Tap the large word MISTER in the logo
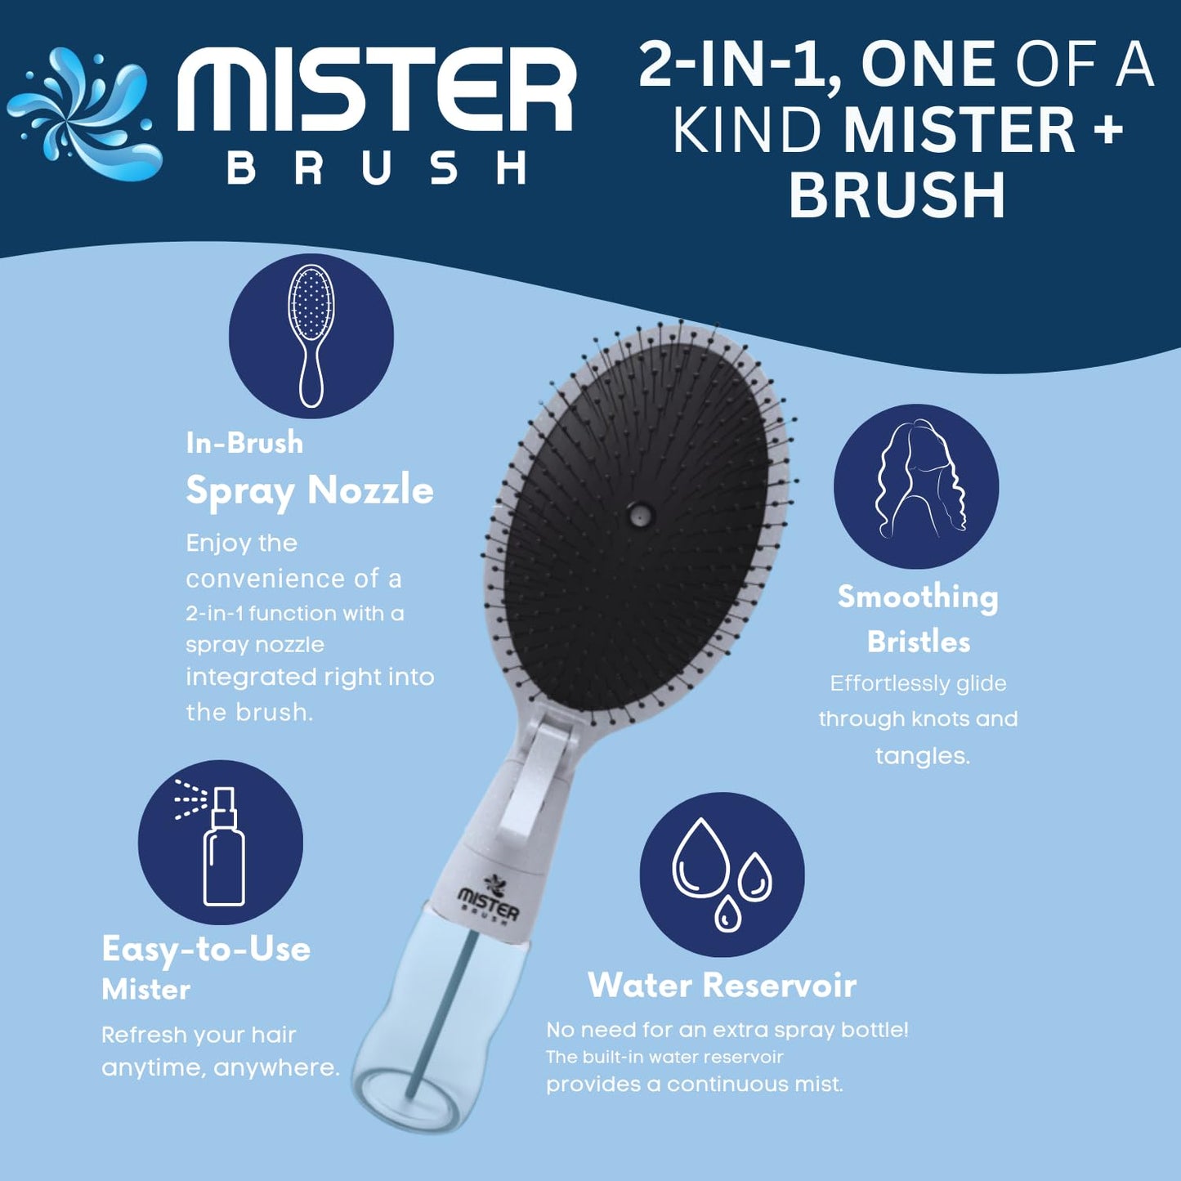[377, 90]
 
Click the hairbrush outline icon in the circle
[311, 335]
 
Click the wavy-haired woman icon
[916, 485]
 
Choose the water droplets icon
[722, 874]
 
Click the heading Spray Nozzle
[309, 490]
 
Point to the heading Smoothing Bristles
[918, 619]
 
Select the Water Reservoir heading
[722, 985]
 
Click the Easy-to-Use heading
[206, 949]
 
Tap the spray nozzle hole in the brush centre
[638, 515]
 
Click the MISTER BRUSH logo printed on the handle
[489, 899]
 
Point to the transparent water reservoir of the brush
[433, 1030]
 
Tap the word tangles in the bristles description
[922, 755]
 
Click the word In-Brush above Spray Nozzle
[244, 443]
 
